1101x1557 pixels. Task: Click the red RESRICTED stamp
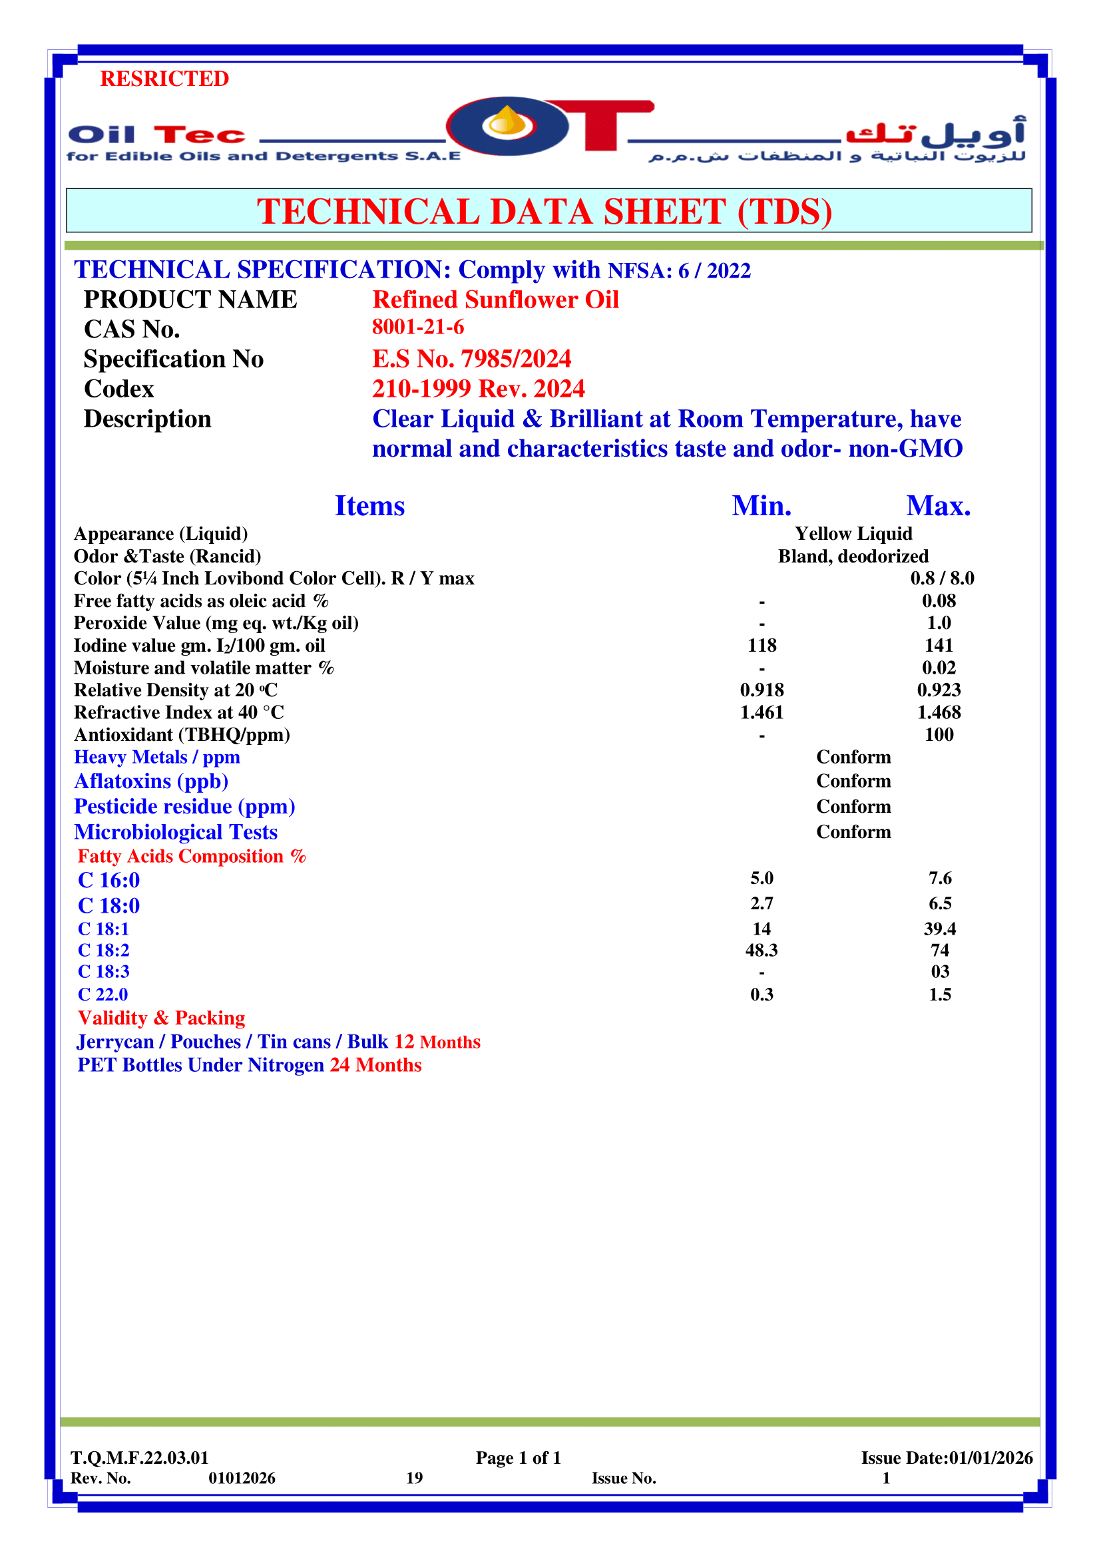pyautogui.click(x=164, y=79)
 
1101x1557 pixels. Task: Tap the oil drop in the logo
pyautogui.click(x=508, y=122)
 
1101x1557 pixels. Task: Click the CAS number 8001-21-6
pyautogui.click(x=417, y=327)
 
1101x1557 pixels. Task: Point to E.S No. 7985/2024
pyautogui.click(x=471, y=359)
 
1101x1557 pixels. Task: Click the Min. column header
pyautogui.click(x=762, y=506)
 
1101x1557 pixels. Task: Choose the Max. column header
pyautogui.click(x=939, y=506)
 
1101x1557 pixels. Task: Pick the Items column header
pyautogui.click(x=369, y=506)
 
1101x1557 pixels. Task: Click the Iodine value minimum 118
pyautogui.click(x=762, y=645)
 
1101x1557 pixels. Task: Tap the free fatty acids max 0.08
pyautogui.click(x=939, y=600)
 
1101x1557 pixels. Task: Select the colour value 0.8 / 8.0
pyautogui.click(x=942, y=578)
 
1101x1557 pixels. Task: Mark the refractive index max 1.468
pyautogui.click(x=939, y=712)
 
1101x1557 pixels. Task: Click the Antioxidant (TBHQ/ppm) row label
pyautogui.click(x=182, y=734)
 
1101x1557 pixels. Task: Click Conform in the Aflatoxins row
pyautogui.click(x=853, y=781)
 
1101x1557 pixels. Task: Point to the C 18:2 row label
pyautogui.click(x=104, y=950)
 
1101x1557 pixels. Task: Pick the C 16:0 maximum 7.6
pyautogui.click(x=940, y=878)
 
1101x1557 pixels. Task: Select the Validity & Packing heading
pyautogui.click(x=161, y=1018)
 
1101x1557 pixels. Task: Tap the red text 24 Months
pyautogui.click(x=375, y=1064)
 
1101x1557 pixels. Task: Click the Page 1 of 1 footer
pyautogui.click(x=518, y=1457)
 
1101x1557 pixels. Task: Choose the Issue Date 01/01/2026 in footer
pyautogui.click(x=947, y=1457)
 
